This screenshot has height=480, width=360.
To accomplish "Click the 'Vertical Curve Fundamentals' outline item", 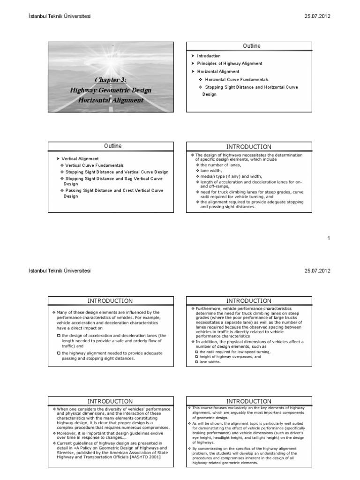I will (x=94, y=165).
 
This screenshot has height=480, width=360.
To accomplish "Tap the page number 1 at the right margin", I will (x=329, y=238).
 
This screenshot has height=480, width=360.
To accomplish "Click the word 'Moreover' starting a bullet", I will (x=67, y=433).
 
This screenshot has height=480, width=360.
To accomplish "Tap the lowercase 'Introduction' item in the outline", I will (x=209, y=56).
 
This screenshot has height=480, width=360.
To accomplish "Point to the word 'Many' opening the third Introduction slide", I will (x=63, y=312).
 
